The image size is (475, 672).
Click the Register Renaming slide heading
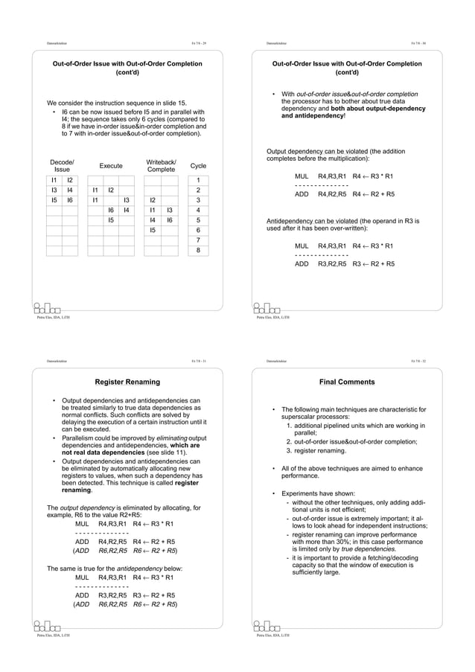127,383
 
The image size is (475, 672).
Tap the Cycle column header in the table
198,166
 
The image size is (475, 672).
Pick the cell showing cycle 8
198,251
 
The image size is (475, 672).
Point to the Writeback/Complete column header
161,166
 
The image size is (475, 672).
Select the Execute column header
111,166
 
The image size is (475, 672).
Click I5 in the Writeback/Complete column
152,231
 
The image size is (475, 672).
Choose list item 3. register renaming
324,450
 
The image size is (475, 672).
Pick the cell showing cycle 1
198,180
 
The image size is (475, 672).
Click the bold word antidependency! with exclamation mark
307,116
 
